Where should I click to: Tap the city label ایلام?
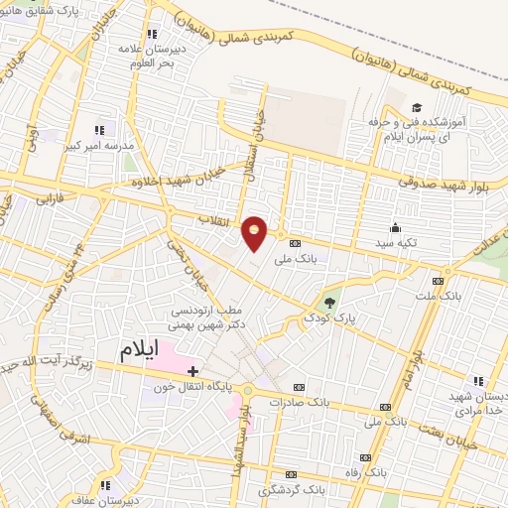pos(140,350)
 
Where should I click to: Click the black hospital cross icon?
pos(193,370)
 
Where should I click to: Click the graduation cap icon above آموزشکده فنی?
pos(418,106)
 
